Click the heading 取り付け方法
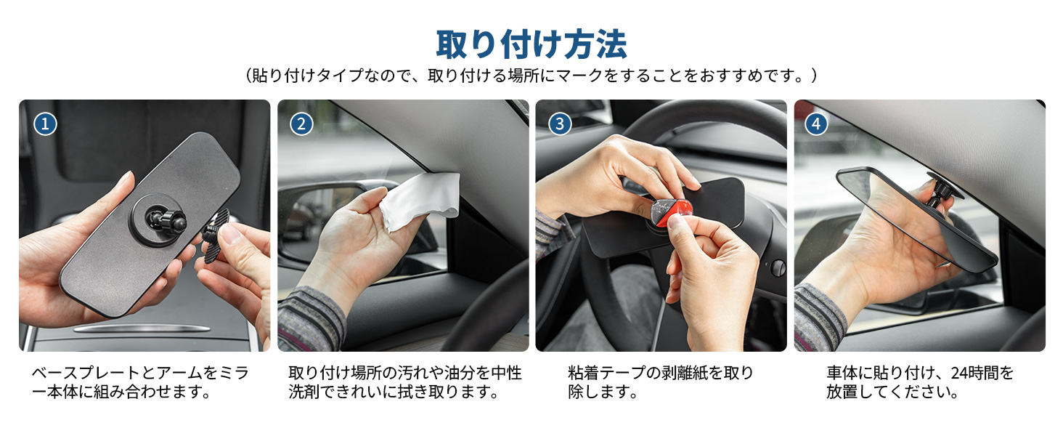pyautogui.click(x=531, y=44)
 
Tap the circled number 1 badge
pyautogui.click(x=45, y=124)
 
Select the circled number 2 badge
pyautogui.click(x=301, y=124)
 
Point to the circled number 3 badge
pyautogui.click(x=559, y=124)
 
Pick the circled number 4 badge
pyautogui.click(x=816, y=124)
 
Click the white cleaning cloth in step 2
pyautogui.click(x=419, y=200)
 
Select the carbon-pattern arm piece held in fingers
pyautogui.click(x=216, y=226)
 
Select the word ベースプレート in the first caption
pyautogui.click(x=85, y=374)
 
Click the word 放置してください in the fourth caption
pyautogui.click(x=893, y=392)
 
